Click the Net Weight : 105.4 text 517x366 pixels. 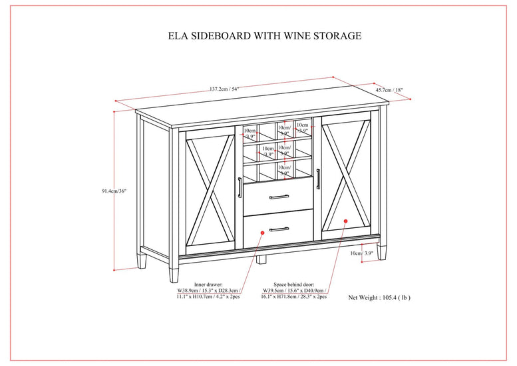380,297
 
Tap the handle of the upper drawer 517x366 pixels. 277,197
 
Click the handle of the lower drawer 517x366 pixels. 277,229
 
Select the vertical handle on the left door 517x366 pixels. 239,187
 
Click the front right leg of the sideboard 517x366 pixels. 381,251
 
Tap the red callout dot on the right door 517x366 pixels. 345,220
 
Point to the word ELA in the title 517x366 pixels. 178,36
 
